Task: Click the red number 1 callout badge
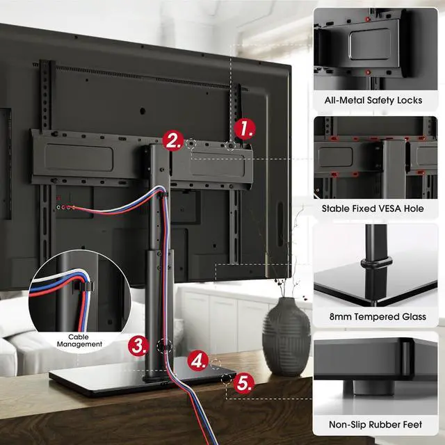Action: tap(244, 129)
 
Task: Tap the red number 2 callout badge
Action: tap(173, 141)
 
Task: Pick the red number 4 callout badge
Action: tap(200, 361)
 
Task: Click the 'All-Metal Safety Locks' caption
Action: tap(373, 100)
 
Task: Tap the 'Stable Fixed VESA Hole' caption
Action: tap(373, 208)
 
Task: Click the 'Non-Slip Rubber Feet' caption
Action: tap(373, 424)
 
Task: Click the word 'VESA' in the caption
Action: tap(387, 208)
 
